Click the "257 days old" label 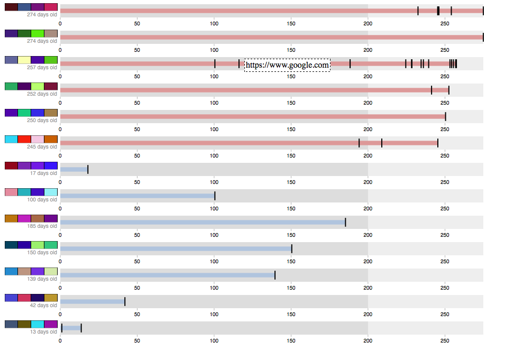42,68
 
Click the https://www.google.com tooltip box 287,65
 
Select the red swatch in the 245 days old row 24,139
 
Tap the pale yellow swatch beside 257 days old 24,60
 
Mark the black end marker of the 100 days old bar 215,196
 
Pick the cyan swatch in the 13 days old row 38,324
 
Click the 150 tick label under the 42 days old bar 291,315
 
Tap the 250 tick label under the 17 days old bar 445,182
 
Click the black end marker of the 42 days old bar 125,301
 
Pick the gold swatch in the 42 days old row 51,298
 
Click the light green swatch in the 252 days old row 38,86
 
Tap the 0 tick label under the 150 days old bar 60,262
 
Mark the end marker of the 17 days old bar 88,169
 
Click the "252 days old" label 42,94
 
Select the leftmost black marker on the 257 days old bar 215,63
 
